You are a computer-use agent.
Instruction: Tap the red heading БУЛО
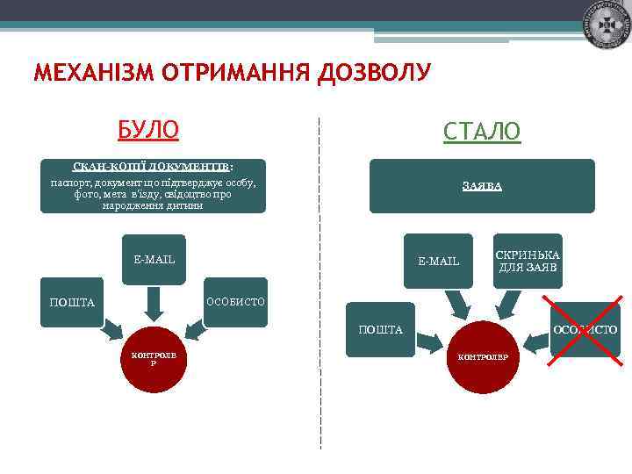[148, 130]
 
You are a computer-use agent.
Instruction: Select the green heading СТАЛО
[481, 132]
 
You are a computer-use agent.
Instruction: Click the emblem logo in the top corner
[606, 24]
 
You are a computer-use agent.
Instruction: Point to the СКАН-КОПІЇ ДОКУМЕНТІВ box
[154, 186]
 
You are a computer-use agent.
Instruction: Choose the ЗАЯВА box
[481, 186]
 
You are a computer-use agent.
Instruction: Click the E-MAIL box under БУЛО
[154, 260]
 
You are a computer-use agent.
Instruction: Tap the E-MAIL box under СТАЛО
[438, 261]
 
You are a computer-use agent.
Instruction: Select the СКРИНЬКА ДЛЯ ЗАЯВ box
[528, 260]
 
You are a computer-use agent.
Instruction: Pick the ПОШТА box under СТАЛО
[380, 330]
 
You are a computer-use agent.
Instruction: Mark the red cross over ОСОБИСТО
[584, 330]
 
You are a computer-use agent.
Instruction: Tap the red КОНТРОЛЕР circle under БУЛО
[154, 359]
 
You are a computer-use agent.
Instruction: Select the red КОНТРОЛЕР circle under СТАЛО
[484, 357]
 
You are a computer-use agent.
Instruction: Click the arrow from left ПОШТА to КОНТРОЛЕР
[111, 334]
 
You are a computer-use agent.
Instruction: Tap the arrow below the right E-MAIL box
[457, 305]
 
